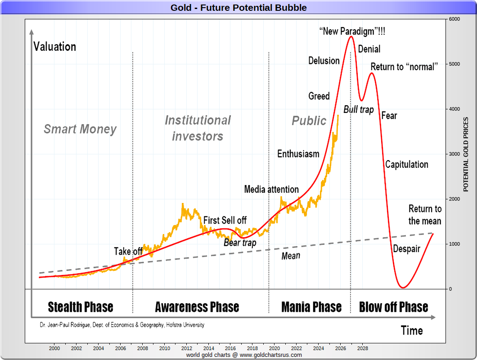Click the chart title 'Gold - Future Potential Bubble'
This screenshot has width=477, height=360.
pos(238,8)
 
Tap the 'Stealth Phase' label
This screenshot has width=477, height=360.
pos(81,307)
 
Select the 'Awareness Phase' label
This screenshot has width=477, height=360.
pos(197,307)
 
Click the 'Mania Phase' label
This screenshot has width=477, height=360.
pos(311,307)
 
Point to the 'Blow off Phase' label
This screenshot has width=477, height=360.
pos(394,307)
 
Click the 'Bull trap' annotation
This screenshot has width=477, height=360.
pos(359,109)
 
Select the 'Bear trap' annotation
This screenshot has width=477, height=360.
pos(240,243)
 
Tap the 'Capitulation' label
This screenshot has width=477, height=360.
pos(407,164)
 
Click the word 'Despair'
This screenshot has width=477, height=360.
pos(407,249)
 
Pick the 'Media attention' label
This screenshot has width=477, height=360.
pos(271,189)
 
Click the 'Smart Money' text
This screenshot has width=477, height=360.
pos(80,130)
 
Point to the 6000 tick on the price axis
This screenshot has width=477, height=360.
pos(454,19)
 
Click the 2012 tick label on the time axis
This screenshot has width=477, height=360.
pos(187,348)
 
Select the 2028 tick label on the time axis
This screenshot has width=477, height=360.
pos(363,348)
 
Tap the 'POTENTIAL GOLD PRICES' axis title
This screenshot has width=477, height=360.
pos(466,154)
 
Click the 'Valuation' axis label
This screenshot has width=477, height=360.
pos(55,47)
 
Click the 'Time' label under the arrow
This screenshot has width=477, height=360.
pos(412,331)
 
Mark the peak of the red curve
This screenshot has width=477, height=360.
pos(351,36)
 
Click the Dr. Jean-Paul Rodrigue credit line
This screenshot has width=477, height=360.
pos(121,324)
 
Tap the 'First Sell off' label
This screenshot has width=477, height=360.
pos(225,220)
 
